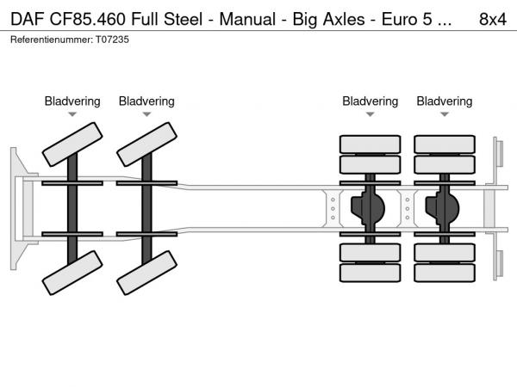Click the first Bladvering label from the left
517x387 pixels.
[x=72, y=101]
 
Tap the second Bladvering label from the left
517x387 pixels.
[x=146, y=101]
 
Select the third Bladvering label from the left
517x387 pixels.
[x=370, y=101]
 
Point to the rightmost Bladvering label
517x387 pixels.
[x=444, y=101]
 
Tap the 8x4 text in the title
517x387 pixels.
[x=492, y=17]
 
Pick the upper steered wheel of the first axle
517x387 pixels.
[x=72, y=144]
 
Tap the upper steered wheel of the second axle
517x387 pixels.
[x=146, y=144]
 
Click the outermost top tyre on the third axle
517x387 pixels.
[x=370, y=144]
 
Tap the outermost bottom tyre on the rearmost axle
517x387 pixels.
[x=444, y=273]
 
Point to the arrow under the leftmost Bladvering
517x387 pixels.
[x=72, y=114]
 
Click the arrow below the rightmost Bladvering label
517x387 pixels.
[x=444, y=114]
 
